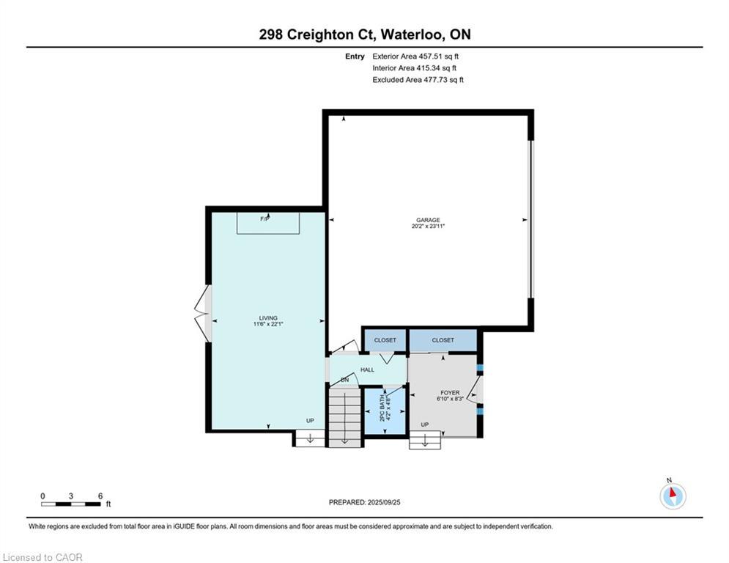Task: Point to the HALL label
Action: [367, 369]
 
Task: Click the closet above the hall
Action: [385, 340]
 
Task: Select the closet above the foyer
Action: [443, 340]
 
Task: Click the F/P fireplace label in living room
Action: [264, 218]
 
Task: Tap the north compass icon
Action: [672, 496]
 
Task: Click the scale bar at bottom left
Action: [71, 503]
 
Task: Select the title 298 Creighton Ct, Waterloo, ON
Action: [364, 34]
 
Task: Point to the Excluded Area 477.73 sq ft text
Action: [418, 79]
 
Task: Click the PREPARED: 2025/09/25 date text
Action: [364, 502]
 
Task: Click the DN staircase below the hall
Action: [344, 418]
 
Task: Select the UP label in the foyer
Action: [424, 424]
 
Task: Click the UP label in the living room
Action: [310, 420]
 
